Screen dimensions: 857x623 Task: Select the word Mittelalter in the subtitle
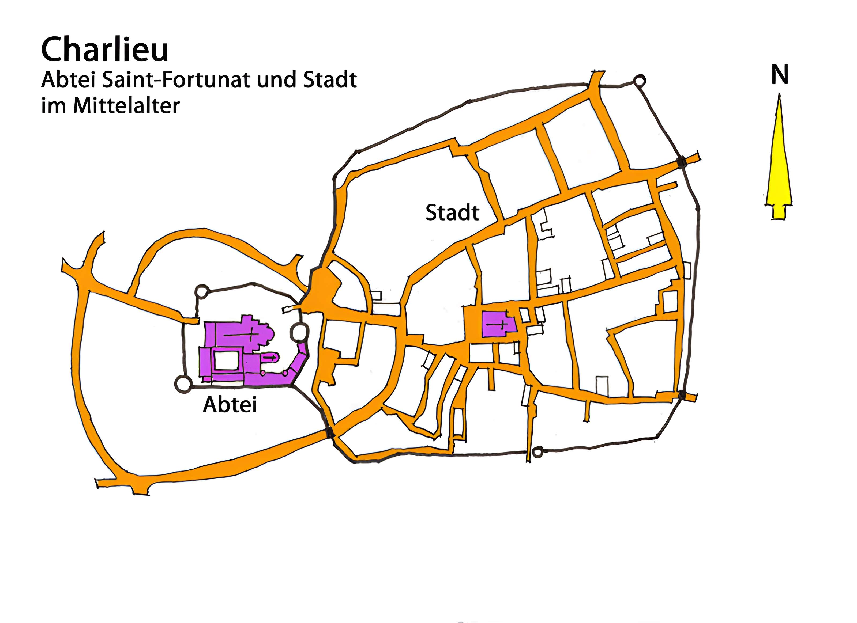[126, 106]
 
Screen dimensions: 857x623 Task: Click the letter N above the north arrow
[780, 75]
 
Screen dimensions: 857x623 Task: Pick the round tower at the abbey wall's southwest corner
[183, 384]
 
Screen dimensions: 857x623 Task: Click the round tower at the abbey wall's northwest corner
[201, 292]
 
